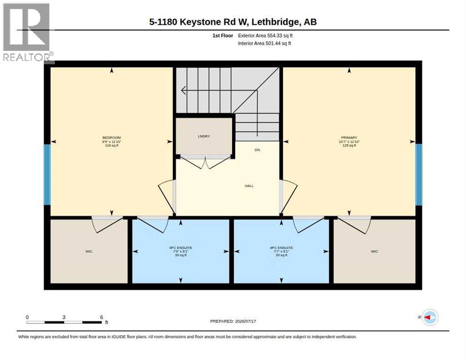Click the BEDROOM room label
[112, 138]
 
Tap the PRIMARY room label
[349, 138]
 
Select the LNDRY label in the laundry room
[204, 136]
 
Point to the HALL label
[249, 186]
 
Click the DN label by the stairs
[257, 150]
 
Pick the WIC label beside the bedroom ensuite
[89, 252]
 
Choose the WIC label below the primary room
[375, 252]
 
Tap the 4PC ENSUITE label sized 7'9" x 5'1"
[180, 247]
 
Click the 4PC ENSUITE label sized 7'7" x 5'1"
[281, 247]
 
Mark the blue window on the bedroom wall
[47, 174]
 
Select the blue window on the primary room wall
[419, 174]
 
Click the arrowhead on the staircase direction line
[183, 90]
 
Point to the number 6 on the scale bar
[101, 317]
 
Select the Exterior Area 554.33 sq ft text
[265, 36]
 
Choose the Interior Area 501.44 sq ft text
[264, 44]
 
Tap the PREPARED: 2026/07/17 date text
[233, 322]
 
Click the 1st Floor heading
[223, 36]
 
